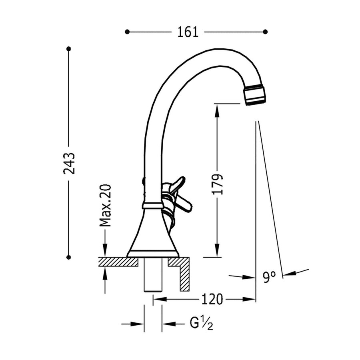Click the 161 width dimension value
pos(188,32)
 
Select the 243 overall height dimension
pos(69,163)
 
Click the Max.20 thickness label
pos(105,206)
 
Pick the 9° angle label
pos(269,276)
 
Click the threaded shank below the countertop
pos(153,276)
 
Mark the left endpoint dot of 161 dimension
pos(127,32)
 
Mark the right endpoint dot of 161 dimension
pos(265,32)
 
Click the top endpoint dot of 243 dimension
pos(68,49)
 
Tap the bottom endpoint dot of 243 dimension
pos(68,257)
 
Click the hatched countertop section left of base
pos(118,262)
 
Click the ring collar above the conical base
pos(152,206)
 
